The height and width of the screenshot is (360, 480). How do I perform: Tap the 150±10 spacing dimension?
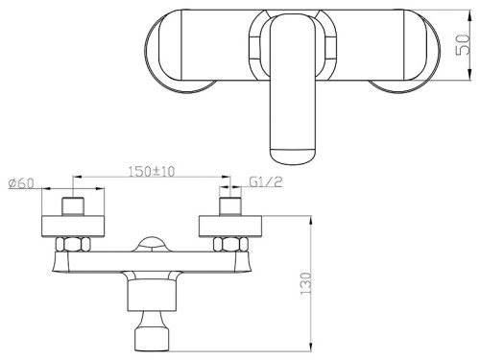pos(152,174)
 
